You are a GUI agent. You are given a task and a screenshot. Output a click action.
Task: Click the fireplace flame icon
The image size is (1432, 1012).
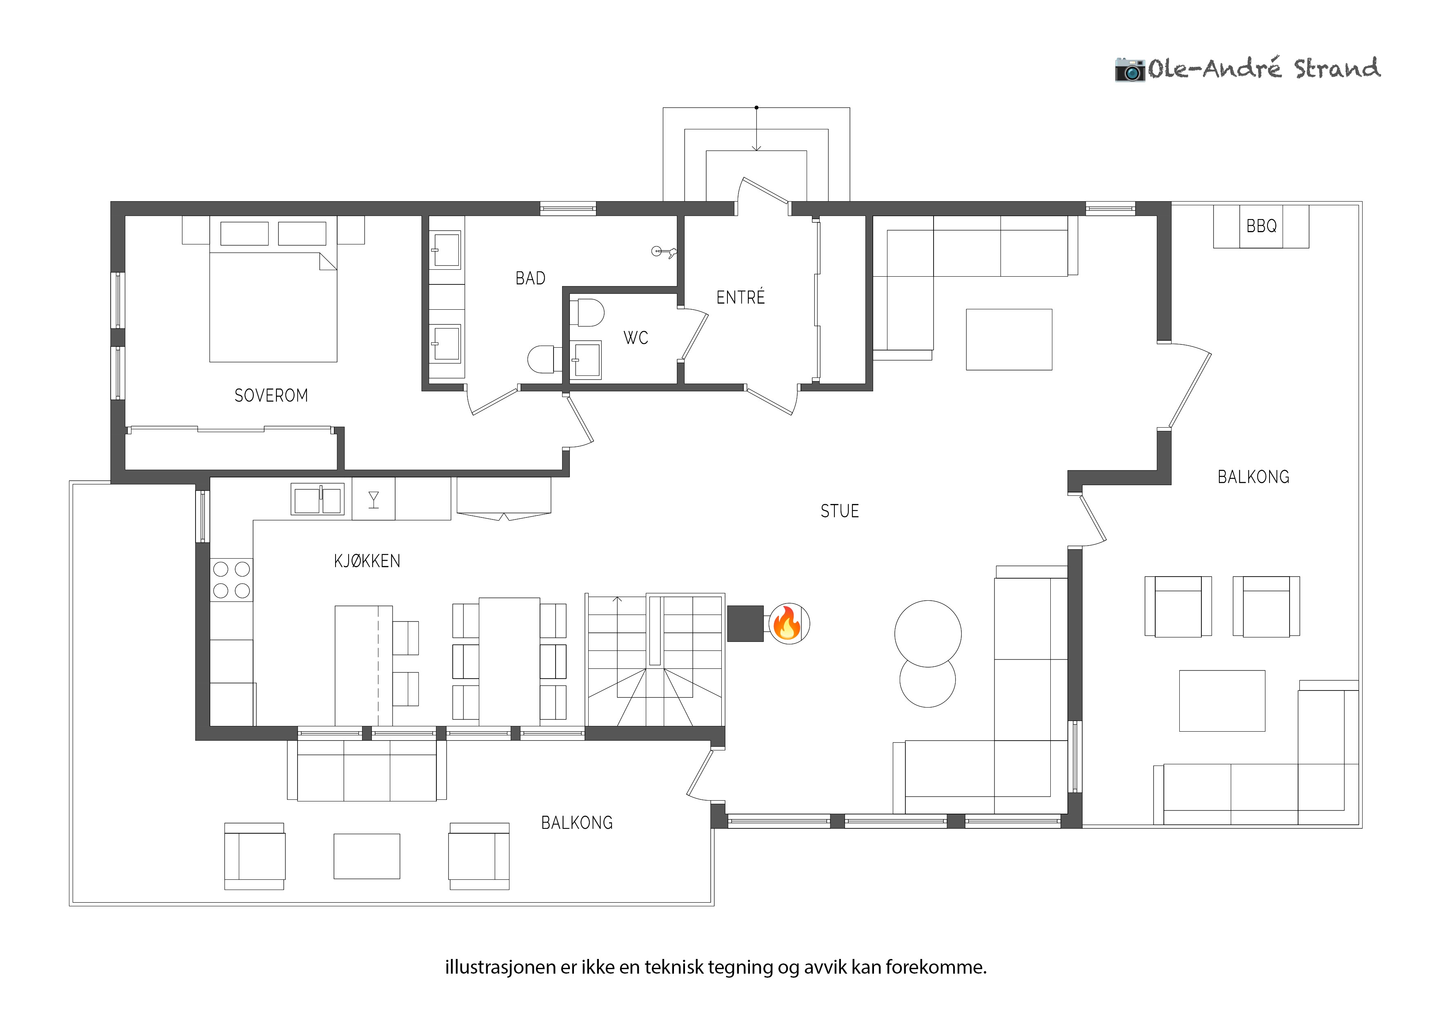click(788, 623)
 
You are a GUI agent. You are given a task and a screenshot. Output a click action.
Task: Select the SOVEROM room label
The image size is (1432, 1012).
click(271, 395)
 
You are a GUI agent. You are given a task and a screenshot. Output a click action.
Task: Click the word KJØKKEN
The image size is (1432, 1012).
click(367, 561)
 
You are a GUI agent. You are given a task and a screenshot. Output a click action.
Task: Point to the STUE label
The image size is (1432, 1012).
click(840, 511)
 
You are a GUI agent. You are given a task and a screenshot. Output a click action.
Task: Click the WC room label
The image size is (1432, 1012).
click(636, 338)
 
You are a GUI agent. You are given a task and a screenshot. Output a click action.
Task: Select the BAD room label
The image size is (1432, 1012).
click(530, 278)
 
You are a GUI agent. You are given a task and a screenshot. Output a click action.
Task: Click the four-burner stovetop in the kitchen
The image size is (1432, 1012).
click(231, 580)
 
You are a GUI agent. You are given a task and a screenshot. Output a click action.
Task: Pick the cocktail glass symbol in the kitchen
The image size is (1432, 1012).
click(374, 499)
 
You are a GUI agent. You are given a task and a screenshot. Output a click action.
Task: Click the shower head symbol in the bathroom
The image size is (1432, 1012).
click(663, 252)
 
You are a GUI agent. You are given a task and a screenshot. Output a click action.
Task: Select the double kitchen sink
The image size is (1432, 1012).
click(318, 499)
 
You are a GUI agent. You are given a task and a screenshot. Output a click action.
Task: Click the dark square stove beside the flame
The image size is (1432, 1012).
click(745, 624)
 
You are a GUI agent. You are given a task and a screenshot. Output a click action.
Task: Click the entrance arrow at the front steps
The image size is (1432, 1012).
click(756, 129)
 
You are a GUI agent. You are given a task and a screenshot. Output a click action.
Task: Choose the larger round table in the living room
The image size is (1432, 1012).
click(928, 633)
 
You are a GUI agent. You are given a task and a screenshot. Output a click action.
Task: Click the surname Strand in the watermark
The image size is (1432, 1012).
click(1337, 68)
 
